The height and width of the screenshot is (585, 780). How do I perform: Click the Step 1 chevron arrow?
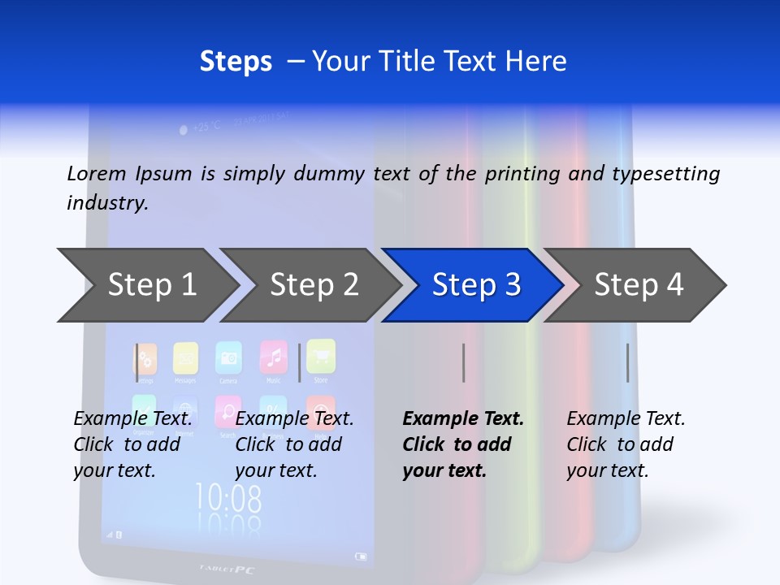pyautogui.click(x=151, y=285)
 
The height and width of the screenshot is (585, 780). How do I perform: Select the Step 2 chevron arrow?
pyautogui.click(x=314, y=285)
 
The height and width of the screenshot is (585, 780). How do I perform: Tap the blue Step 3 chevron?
pyautogui.click(x=475, y=285)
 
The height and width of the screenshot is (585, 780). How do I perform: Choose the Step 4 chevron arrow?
pyautogui.click(x=638, y=285)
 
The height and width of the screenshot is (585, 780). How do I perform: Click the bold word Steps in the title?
pyautogui.click(x=236, y=62)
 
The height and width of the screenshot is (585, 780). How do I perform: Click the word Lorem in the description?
pyautogui.click(x=95, y=173)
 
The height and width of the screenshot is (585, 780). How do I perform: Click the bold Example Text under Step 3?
pyautogui.click(x=463, y=419)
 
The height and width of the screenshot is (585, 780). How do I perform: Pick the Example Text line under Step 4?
pyautogui.click(x=626, y=419)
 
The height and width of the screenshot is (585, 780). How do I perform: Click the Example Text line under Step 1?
pyautogui.click(x=133, y=419)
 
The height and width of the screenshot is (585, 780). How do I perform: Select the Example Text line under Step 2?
pyautogui.click(x=294, y=419)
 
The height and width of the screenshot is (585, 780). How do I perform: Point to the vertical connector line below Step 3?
pyautogui.click(x=463, y=362)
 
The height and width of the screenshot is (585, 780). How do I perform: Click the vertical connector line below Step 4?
pyautogui.click(x=627, y=362)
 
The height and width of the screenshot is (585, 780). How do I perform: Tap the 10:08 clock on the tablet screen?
pyautogui.click(x=228, y=496)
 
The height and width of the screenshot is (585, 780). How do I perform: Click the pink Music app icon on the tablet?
pyautogui.click(x=273, y=356)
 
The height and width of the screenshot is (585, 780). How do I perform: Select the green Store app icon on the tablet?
pyautogui.click(x=320, y=354)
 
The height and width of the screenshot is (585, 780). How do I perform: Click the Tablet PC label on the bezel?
pyautogui.click(x=227, y=569)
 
